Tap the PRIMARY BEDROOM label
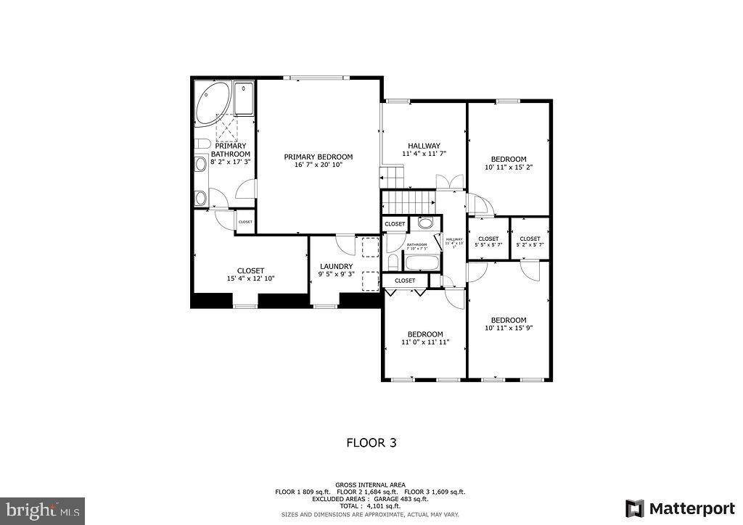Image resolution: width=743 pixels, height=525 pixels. (318, 157)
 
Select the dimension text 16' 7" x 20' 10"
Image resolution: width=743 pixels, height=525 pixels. (318, 165)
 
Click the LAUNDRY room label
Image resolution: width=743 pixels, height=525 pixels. (336, 266)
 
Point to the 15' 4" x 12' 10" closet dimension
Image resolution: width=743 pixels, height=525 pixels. (250, 278)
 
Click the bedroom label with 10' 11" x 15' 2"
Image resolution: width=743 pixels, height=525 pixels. (508, 159)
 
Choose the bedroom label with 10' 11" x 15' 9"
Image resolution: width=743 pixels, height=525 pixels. (508, 320)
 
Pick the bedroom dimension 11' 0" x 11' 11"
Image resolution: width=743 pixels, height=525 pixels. (424, 342)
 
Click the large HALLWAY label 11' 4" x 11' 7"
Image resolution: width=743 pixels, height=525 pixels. (424, 146)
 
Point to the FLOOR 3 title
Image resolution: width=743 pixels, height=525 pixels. (371, 442)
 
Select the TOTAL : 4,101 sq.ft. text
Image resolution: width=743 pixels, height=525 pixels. (371, 506)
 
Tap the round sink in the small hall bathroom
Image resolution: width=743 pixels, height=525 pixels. (425, 223)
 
